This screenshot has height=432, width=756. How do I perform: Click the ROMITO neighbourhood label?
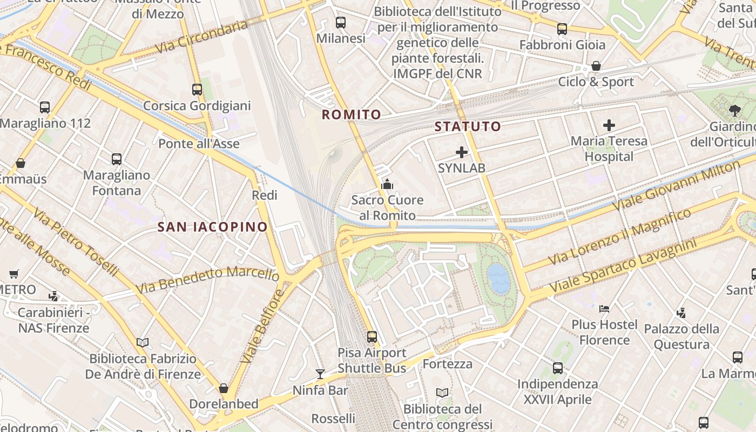pos(352,114)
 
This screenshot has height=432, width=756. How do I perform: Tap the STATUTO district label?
pos(468,127)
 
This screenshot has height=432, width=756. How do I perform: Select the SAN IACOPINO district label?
pos(213,227)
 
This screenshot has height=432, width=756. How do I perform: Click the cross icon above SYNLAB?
pos(462,152)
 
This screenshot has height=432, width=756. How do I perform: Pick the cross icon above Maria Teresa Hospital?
pos(609,125)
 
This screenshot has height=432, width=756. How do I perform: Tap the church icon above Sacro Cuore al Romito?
pos(387,185)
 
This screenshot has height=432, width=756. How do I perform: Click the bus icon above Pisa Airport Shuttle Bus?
pos(372,337)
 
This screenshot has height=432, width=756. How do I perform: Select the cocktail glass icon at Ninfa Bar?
pos(320,374)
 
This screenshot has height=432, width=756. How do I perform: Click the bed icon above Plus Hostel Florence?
pos(604,309)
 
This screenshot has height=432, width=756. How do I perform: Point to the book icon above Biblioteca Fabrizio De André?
pos(143,342)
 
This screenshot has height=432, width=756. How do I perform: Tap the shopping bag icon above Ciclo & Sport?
pos(596,66)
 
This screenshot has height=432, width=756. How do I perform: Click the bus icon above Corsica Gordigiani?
pos(197,90)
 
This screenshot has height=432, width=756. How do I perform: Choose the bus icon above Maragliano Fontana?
pos(117,159)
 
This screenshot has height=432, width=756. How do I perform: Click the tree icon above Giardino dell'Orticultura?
pos(734,111)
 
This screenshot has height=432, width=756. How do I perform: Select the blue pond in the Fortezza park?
pos(498,279)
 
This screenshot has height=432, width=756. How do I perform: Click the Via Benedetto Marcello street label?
pos(207,279)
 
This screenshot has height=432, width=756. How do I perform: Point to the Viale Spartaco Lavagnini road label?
pos(621,268)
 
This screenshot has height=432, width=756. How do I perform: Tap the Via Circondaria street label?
pos(201,37)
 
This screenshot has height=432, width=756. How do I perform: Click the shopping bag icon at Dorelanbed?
pos(224,388)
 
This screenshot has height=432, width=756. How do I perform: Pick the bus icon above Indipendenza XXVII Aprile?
pos(558,368)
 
